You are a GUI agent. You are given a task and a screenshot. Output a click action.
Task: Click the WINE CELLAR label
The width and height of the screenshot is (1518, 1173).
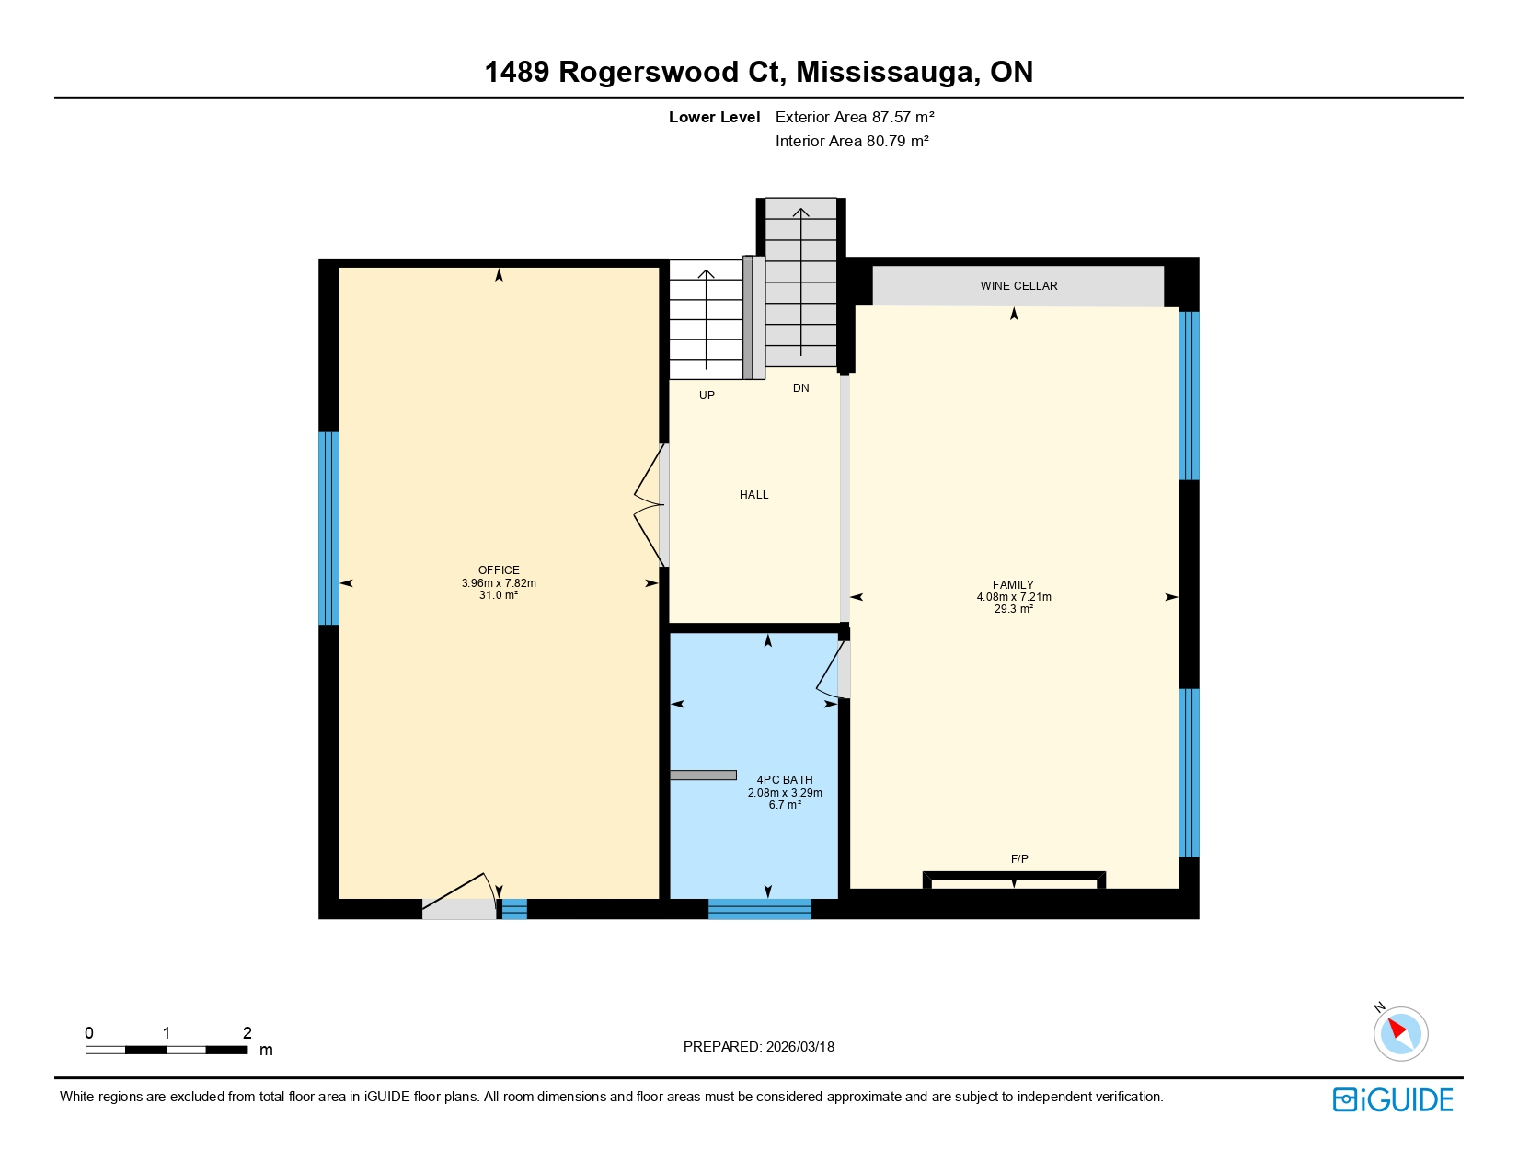click(1018, 286)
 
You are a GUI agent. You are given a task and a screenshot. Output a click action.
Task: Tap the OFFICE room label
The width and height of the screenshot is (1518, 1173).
click(499, 570)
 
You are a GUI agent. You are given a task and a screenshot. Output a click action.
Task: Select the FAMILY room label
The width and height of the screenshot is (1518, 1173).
click(1013, 585)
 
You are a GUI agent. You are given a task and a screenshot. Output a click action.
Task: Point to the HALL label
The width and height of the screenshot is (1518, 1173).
click(753, 495)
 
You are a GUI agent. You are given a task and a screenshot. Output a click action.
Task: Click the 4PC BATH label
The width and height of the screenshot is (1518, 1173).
click(785, 780)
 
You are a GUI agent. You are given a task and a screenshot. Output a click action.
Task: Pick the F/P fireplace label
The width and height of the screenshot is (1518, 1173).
click(1019, 859)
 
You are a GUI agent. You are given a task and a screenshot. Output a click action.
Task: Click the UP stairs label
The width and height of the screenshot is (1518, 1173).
click(707, 396)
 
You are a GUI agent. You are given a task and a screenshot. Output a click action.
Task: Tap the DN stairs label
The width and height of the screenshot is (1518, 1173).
click(801, 388)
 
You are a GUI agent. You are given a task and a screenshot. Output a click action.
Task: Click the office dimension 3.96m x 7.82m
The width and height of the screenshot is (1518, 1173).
click(499, 583)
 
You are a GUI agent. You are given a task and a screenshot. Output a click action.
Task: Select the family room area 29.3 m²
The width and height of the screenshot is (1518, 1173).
click(1013, 609)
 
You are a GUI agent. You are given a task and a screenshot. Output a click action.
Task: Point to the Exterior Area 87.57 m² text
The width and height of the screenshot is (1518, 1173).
click(855, 117)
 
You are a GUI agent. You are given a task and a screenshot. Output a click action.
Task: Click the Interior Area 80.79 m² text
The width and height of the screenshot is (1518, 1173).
click(852, 141)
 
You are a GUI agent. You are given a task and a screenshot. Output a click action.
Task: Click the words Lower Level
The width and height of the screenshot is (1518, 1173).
click(714, 117)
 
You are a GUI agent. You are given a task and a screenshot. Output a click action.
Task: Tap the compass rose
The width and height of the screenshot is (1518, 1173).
click(1400, 1033)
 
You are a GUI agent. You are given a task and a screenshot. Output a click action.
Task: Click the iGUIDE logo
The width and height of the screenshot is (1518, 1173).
click(1393, 1099)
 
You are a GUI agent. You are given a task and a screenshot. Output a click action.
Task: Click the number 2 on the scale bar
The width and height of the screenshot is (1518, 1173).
click(247, 1033)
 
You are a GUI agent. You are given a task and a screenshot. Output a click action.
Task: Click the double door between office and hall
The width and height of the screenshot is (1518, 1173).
click(651, 506)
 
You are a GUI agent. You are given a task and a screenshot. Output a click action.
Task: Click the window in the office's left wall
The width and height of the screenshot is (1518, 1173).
click(328, 528)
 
